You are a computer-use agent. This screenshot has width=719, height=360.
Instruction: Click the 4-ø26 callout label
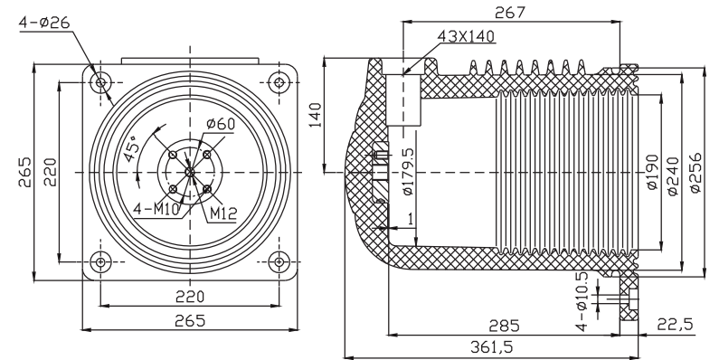[44, 22]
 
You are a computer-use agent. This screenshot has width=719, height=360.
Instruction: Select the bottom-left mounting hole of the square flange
[100, 262]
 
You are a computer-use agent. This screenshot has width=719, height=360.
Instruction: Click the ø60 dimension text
[221, 123]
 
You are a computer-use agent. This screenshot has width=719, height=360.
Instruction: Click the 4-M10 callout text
[156, 209]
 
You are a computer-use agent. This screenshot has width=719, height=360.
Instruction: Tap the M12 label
[223, 213]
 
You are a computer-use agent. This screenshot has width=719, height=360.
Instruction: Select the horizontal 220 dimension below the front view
[190, 297]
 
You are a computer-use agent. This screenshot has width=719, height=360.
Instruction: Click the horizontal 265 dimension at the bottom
[190, 320]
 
